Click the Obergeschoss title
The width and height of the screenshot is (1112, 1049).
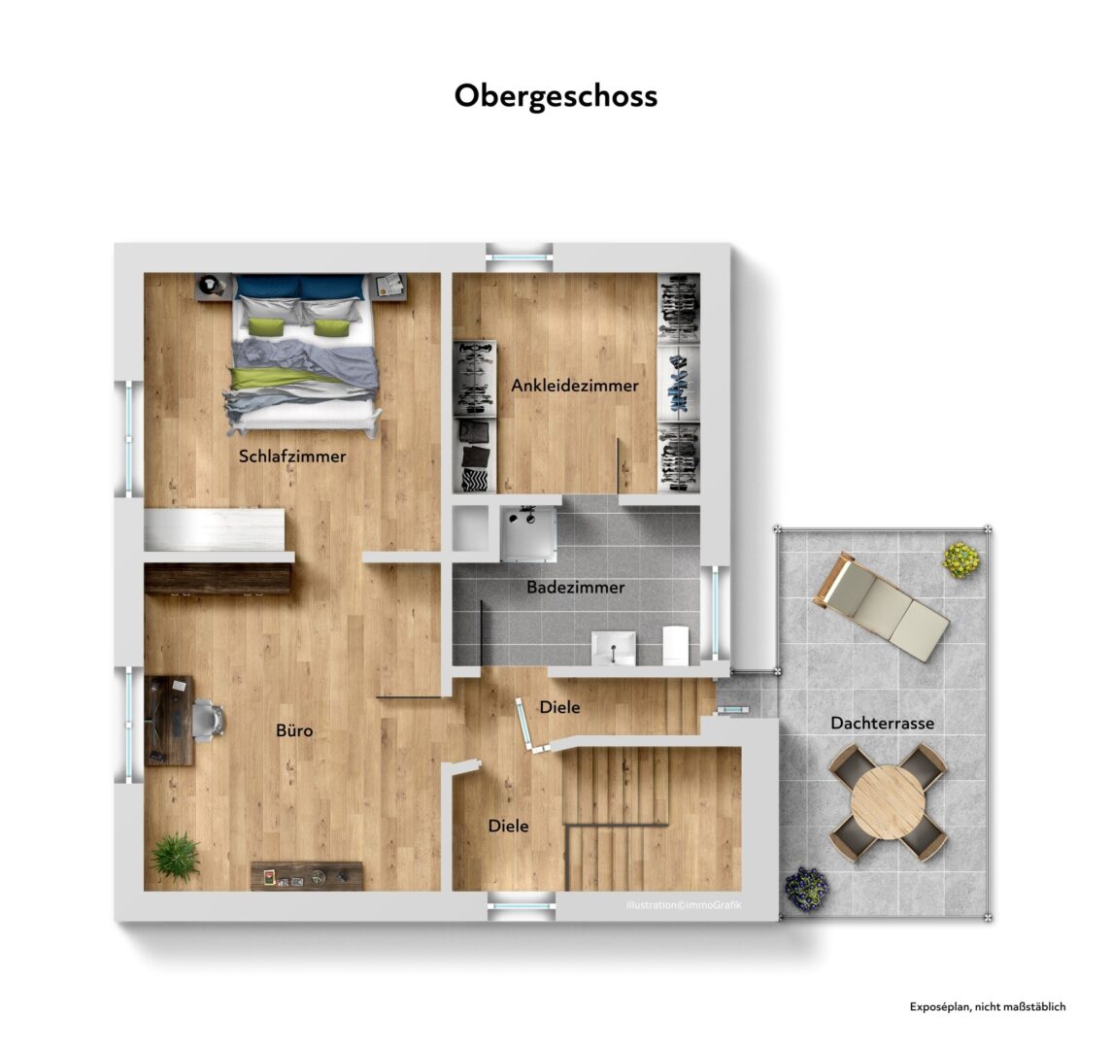click(x=556, y=96)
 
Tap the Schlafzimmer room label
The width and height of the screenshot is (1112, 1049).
click(x=292, y=457)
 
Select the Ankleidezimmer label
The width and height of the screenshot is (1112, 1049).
click(x=575, y=386)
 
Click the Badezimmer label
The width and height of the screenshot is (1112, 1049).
click(x=575, y=588)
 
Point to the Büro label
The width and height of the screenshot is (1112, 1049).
click(x=294, y=729)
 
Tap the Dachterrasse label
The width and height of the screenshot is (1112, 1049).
click(x=882, y=724)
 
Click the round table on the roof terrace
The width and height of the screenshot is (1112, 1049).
click(x=888, y=802)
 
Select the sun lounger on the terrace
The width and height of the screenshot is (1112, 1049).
click(x=881, y=606)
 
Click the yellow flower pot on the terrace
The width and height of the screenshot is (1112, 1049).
click(x=960, y=559)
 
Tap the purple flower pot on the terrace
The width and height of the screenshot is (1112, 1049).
click(x=806, y=888)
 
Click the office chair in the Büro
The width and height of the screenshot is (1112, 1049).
click(x=209, y=719)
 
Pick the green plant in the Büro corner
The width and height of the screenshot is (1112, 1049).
click(x=175, y=856)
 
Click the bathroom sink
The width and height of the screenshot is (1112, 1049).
click(x=614, y=648)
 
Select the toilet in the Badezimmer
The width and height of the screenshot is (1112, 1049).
click(x=675, y=646)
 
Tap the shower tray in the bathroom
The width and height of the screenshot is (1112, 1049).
click(x=528, y=533)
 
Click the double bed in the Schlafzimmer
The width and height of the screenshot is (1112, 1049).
click(x=303, y=354)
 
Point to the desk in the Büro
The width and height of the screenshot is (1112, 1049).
click(x=169, y=721)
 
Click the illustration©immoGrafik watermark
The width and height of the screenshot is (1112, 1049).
click(x=684, y=905)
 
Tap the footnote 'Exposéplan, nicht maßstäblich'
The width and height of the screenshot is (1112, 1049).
click(x=987, y=1006)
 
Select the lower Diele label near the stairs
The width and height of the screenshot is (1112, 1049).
click(x=509, y=826)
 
